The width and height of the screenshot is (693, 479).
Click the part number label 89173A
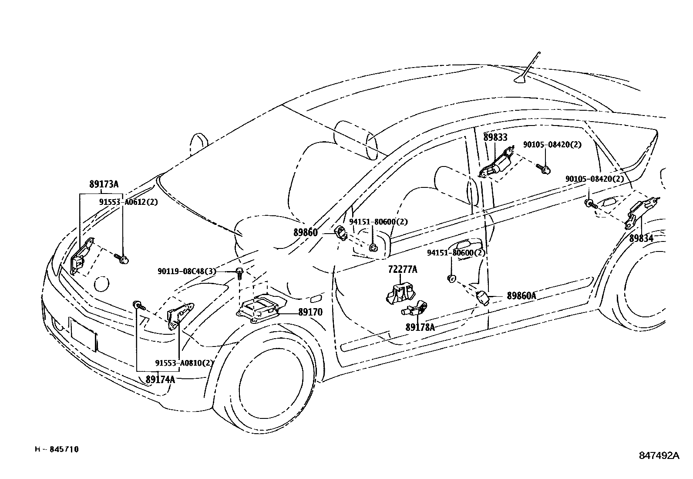(x=104, y=184)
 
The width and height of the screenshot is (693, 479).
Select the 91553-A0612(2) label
(x=128, y=202)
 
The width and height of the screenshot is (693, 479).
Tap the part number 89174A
(x=160, y=379)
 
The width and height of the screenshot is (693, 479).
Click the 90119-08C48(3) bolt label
(x=187, y=272)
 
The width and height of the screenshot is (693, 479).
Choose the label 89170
(x=310, y=313)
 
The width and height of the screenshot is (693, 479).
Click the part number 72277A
(x=403, y=270)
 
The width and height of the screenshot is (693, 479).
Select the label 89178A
(x=420, y=327)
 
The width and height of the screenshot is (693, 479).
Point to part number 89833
(x=495, y=138)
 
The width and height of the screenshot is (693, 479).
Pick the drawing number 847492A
(x=659, y=455)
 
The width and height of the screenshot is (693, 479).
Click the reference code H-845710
(x=57, y=449)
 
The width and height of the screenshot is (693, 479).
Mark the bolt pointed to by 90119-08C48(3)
(x=239, y=273)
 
